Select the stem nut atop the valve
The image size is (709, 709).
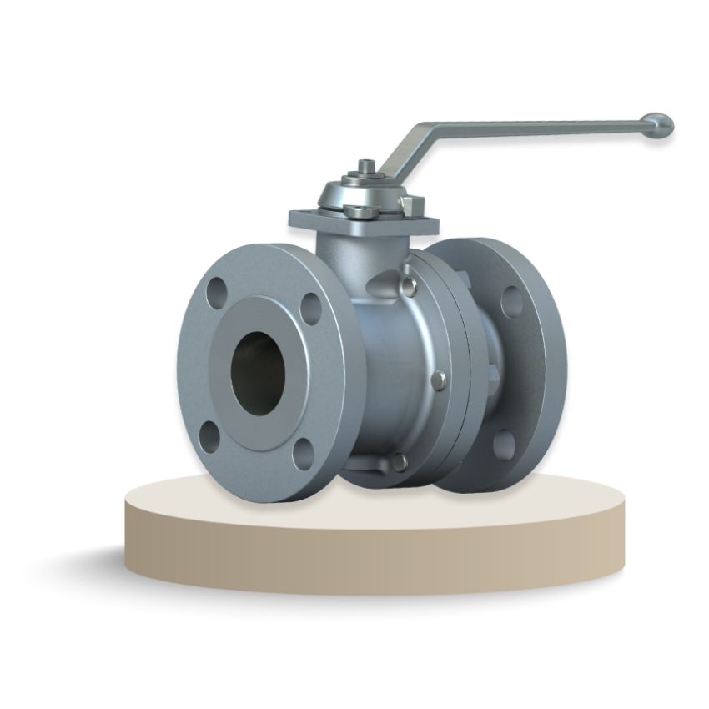coord(365,168)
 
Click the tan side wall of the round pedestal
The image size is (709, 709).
coord(375,551)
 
